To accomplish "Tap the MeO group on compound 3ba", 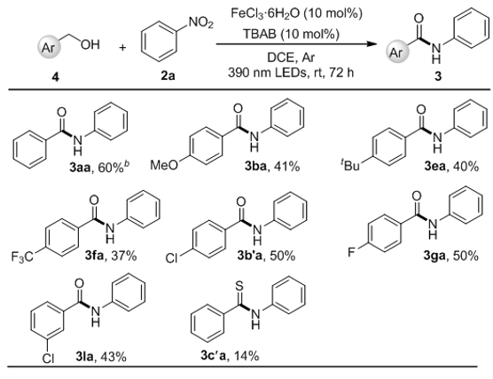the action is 164,164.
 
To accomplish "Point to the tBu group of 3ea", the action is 350,164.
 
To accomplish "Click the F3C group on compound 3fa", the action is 22,257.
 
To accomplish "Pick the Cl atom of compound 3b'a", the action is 172,258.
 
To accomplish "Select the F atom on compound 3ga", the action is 352,252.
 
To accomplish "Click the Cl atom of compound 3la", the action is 48,358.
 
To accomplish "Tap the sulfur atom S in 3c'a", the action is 239,287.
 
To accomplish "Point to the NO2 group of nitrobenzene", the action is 200,23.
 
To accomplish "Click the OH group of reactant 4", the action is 90,44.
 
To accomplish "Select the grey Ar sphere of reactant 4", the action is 48,48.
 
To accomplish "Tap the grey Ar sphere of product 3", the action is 397,51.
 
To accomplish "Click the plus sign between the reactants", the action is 122,48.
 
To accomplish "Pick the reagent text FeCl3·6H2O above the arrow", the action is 267,13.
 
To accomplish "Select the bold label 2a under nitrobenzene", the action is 168,75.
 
